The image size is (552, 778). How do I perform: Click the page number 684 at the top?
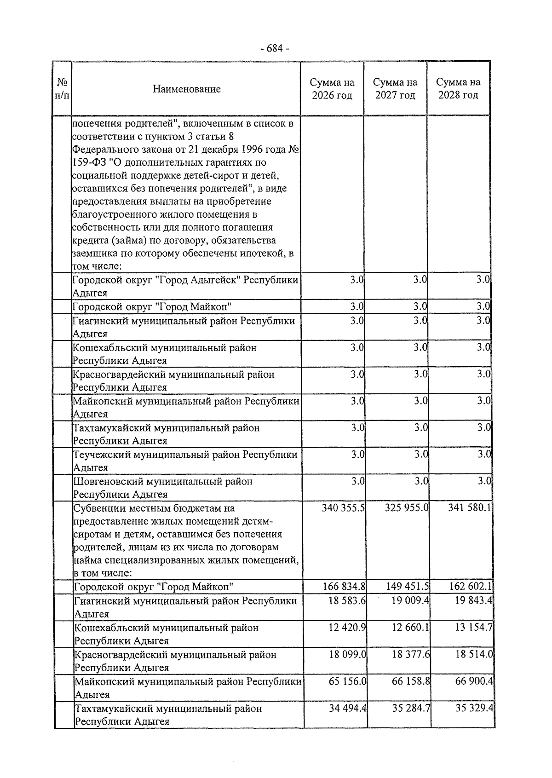click(275, 48)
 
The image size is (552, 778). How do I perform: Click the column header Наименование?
click(186, 89)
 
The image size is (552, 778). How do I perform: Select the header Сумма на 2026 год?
click(332, 89)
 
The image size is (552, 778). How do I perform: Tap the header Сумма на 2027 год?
click(395, 89)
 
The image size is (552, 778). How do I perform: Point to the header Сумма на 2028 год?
click(458, 89)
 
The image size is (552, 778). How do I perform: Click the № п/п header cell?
click(62, 89)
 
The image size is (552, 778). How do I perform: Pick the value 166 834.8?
click(344, 587)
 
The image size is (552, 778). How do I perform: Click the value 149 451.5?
click(408, 587)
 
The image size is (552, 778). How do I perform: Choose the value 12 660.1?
click(410, 628)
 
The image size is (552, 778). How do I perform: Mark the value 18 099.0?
click(348, 654)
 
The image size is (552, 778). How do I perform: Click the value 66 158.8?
click(411, 681)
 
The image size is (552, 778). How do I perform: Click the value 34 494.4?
click(348, 708)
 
